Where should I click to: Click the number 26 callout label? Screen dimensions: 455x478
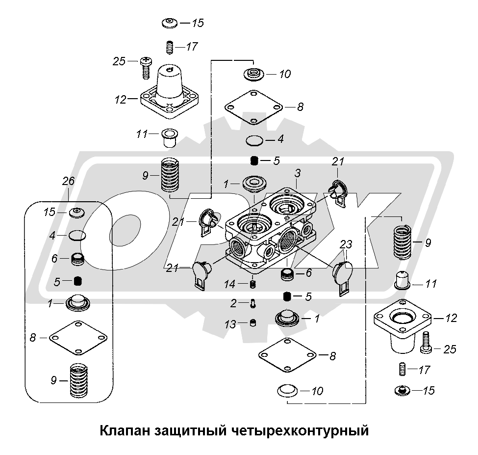click(68, 181)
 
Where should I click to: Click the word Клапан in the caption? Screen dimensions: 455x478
click(125, 431)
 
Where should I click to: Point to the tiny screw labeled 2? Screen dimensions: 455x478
click(252, 304)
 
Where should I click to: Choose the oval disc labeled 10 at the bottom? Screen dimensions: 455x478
click(287, 391)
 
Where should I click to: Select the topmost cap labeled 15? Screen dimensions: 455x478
click(170, 23)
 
